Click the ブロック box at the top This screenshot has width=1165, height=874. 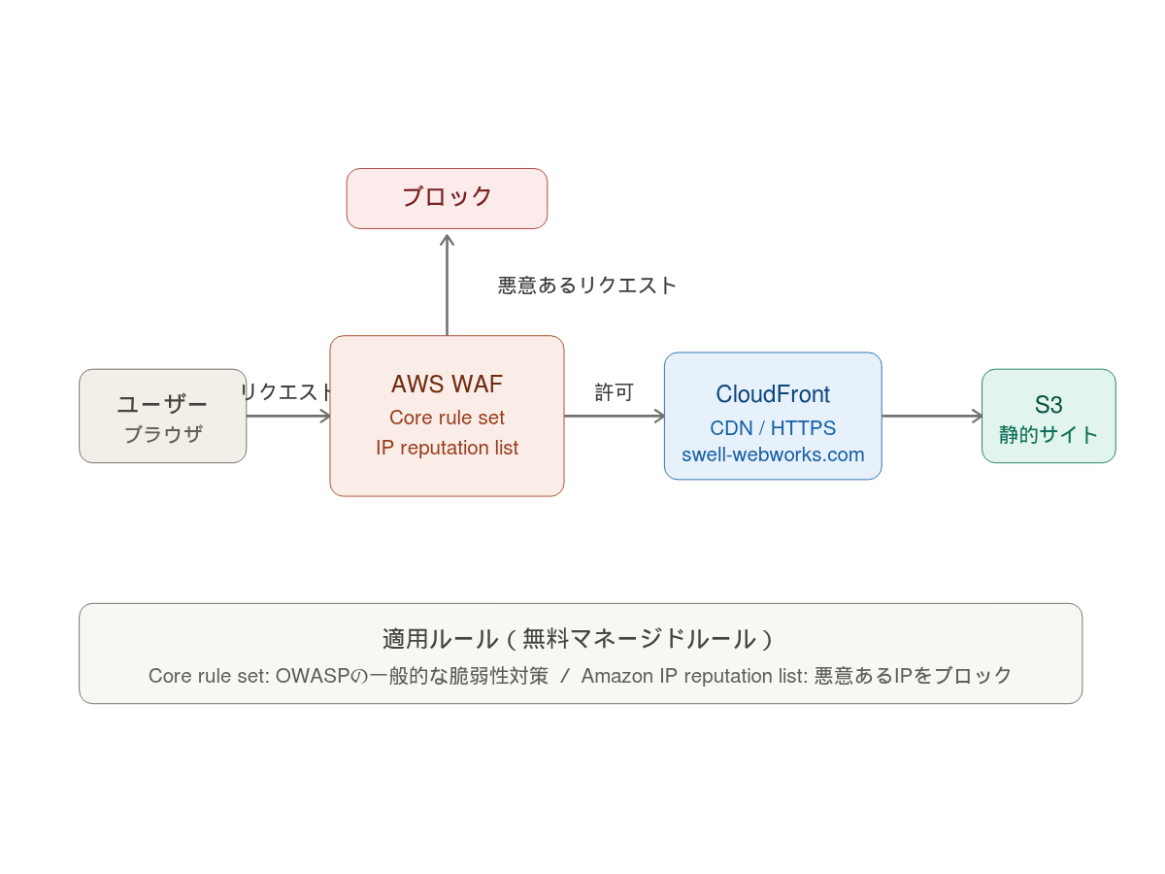[x=447, y=198]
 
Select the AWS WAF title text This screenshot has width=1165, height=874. [x=447, y=385]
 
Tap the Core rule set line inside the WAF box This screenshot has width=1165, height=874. [x=447, y=418]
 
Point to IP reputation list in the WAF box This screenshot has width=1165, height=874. [x=447, y=448]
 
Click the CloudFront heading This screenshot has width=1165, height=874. [x=773, y=394]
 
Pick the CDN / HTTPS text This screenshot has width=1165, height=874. [x=773, y=428]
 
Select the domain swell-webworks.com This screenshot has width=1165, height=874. [x=773, y=454]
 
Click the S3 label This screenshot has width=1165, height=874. [x=1048, y=405]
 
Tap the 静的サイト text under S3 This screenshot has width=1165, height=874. [x=1048, y=435]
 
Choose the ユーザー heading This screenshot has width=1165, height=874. [x=162, y=404]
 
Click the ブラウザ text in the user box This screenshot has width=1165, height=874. [x=162, y=435]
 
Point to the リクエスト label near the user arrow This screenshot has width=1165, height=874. [x=287, y=391]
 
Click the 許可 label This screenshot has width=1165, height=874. [x=614, y=392]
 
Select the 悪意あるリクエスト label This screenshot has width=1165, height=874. [x=587, y=286]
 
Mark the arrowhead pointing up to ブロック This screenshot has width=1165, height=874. [x=447, y=240]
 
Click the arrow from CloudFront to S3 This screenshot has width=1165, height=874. [x=932, y=416]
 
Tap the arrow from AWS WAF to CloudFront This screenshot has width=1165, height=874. [x=614, y=416]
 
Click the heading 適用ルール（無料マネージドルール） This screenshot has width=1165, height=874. [x=580, y=639]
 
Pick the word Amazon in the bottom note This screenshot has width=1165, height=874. [x=616, y=676]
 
